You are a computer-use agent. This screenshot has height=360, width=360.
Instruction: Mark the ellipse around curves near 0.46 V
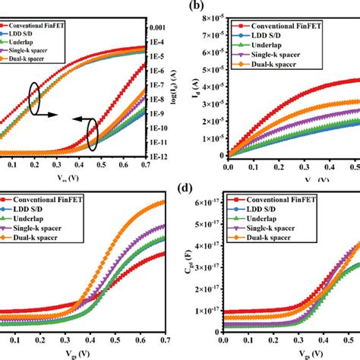coord(93,136)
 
